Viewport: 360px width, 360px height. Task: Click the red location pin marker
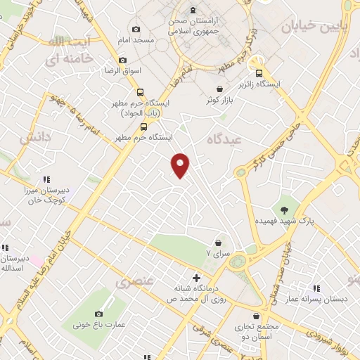pos(181,165)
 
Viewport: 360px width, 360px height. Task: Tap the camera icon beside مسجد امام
pos(136,30)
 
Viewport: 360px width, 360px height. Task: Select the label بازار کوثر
pos(219,101)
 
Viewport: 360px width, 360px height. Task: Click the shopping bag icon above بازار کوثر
pos(220,89)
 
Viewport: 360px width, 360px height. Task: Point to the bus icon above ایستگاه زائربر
pos(259,72)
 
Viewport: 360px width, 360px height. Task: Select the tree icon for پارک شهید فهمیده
pos(284,209)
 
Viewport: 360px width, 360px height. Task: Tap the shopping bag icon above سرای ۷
pos(219,241)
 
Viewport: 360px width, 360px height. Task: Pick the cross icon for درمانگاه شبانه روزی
pos(196,277)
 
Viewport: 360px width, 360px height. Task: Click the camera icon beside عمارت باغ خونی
pos(98,314)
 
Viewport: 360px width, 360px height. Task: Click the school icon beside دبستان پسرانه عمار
pos(316,288)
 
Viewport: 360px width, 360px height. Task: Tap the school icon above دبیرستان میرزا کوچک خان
pos(47,179)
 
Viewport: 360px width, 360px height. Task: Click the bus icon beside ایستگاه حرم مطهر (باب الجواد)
pos(141,93)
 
